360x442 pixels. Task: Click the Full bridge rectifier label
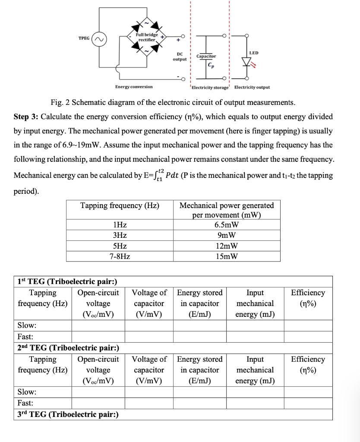point(147,37)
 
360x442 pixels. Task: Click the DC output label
point(180,57)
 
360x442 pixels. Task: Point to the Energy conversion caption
point(134,87)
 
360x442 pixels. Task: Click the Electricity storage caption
point(211,87)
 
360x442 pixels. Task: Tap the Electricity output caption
point(252,87)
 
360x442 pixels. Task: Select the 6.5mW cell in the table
point(226,225)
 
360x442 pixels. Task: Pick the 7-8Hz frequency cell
point(120,256)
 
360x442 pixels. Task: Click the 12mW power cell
point(226,246)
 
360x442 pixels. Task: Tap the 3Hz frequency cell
point(120,236)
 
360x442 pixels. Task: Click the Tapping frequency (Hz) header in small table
point(120,205)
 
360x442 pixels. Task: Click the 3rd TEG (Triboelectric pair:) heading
point(68,415)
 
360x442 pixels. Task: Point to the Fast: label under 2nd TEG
point(25,403)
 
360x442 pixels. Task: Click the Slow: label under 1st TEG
point(27,325)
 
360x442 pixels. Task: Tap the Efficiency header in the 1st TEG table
point(308,298)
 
